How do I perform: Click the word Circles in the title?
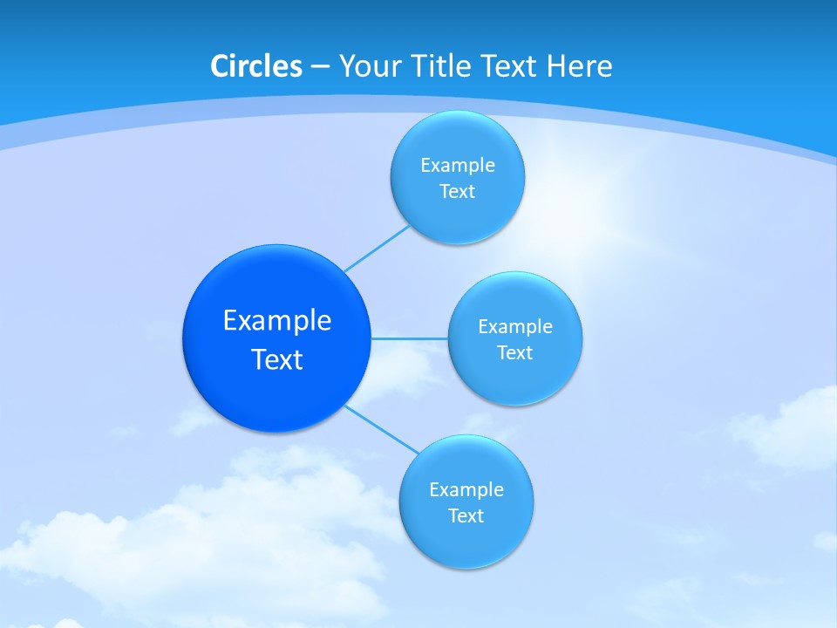click(255, 66)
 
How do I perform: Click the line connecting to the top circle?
click(377, 249)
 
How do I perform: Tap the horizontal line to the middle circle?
click(410, 338)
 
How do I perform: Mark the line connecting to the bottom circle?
click(382, 428)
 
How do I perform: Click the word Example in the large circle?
click(277, 320)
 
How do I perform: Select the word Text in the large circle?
click(277, 359)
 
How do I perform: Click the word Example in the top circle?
click(458, 165)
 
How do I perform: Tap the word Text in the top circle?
click(458, 191)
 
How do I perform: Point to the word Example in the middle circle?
click(515, 326)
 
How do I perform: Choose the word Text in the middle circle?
click(515, 352)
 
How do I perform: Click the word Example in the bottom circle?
click(466, 489)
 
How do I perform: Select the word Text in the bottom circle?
click(466, 515)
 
